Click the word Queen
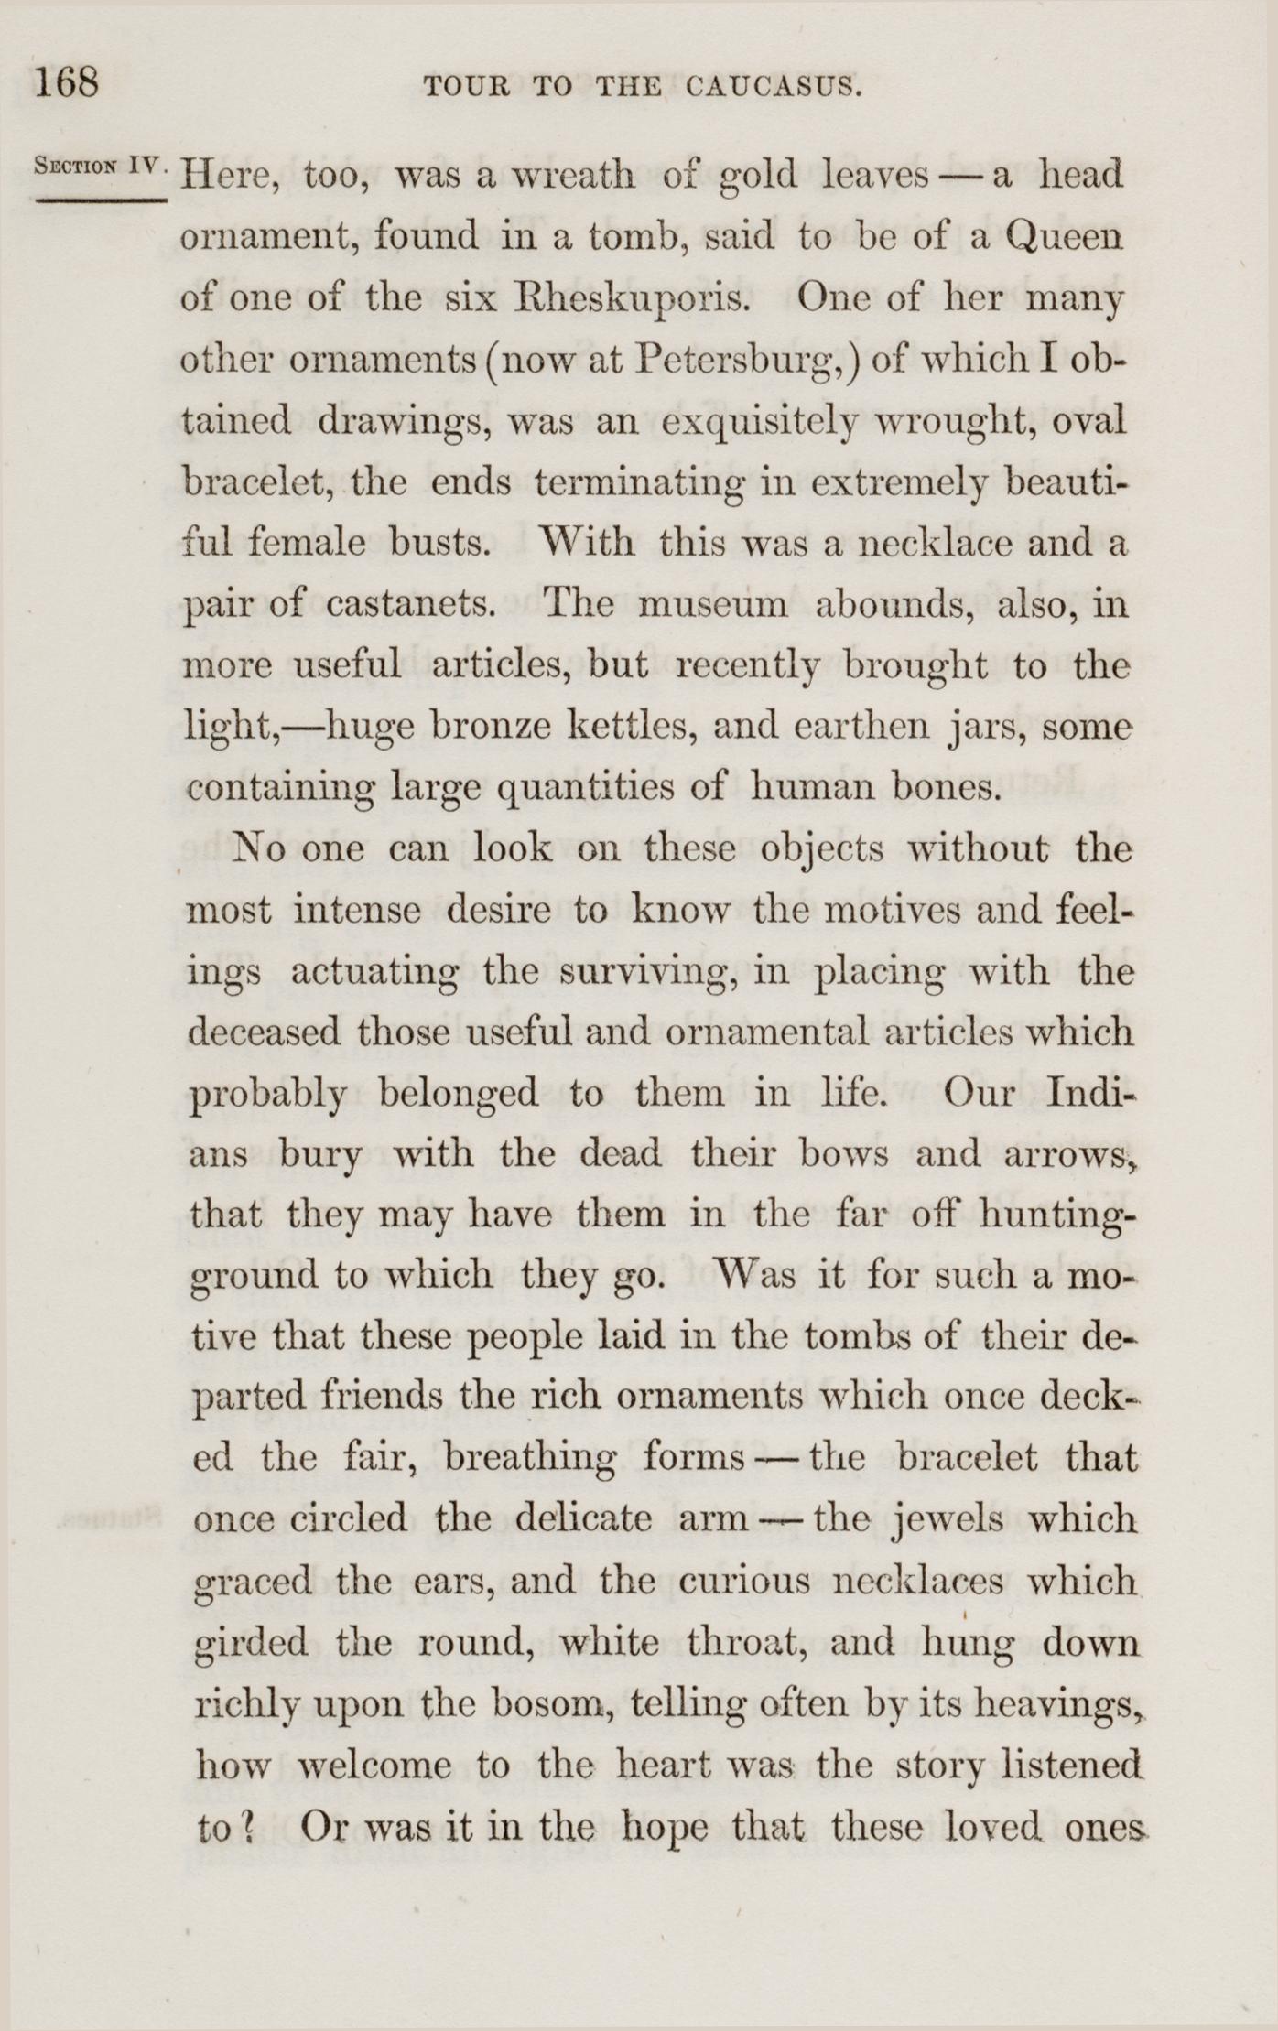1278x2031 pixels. tap(1062, 237)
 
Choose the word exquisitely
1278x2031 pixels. tap(759, 421)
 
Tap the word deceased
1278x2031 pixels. tap(264, 1032)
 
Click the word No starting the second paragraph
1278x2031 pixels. tap(262, 848)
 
